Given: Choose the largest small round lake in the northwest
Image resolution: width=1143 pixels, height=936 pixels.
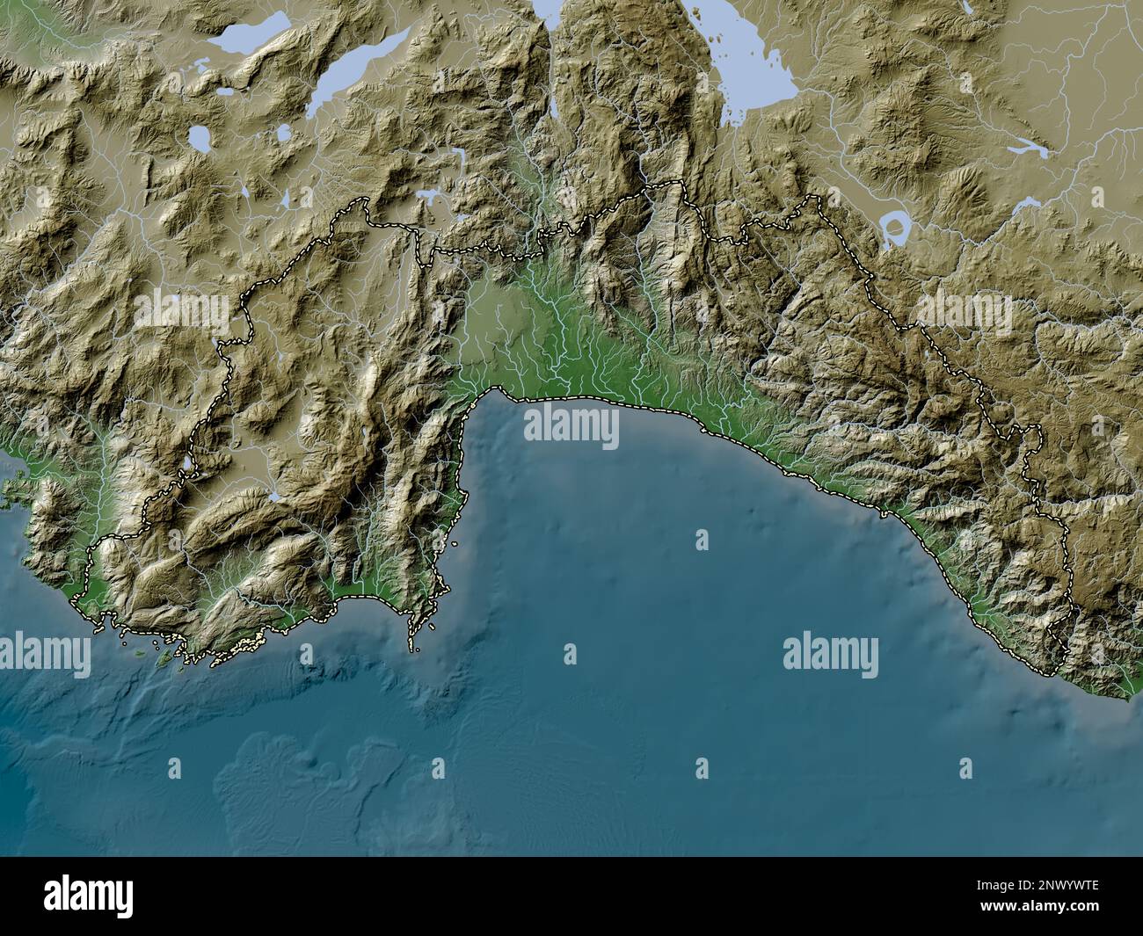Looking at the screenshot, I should [x=200, y=137].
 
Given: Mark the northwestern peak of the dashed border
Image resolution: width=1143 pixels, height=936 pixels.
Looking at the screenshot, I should [x=360, y=201].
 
